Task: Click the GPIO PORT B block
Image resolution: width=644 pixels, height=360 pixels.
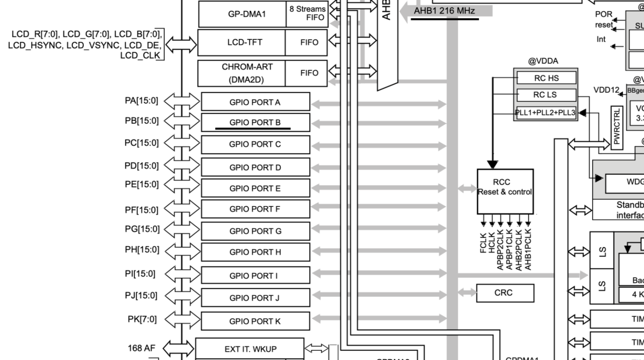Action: point(255,122)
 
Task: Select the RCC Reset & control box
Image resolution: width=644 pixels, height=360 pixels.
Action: point(505,192)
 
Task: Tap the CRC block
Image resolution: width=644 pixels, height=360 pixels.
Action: point(505,293)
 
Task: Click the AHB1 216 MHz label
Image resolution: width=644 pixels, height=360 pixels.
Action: point(444,11)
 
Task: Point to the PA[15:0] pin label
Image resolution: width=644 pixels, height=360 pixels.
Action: point(141,101)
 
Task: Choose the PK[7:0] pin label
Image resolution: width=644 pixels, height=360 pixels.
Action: point(142,319)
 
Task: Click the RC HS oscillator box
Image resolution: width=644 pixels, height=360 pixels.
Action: point(546,78)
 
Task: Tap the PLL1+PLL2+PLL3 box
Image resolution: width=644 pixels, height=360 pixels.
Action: point(545,113)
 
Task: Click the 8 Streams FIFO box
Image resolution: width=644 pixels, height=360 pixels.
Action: point(307,13)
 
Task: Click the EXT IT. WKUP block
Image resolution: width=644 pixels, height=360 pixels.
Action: point(250,349)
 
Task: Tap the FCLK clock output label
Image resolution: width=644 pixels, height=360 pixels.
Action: point(483,243)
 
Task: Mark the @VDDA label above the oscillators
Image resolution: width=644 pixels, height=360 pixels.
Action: point(543,61)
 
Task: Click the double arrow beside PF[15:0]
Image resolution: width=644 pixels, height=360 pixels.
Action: point(182,208)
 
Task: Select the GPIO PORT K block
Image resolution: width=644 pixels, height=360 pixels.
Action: point(255,321)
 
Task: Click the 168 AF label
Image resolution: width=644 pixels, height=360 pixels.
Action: point(141,348)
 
